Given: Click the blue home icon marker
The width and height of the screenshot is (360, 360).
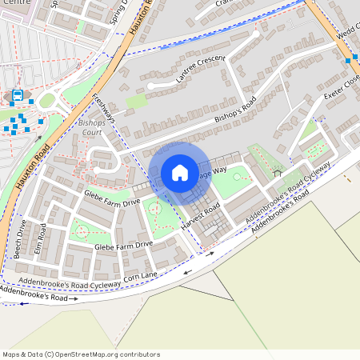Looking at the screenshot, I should (x=180, y=173).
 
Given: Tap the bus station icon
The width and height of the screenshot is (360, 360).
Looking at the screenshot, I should (x=18, y=96).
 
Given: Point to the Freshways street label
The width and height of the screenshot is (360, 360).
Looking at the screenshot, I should (x=104, y=110).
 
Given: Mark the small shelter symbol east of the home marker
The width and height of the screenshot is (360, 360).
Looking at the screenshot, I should (x=278, y=171).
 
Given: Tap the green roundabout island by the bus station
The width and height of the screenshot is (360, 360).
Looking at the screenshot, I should (x=47, y=100).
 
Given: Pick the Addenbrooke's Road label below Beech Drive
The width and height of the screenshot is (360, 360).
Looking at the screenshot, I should (x=40, y=297).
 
